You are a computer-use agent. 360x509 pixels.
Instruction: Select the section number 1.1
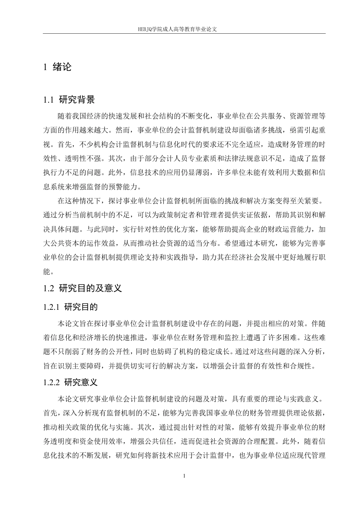pyautogui.click(x=49, y=100)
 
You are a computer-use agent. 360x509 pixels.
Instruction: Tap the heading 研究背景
pyautogui.click(x=77, y=100)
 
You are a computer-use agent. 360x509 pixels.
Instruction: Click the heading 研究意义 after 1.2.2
pyautogui.click(x=81, y=382)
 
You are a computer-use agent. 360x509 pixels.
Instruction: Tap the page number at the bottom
pyautogui.click(x=184, y=476)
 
